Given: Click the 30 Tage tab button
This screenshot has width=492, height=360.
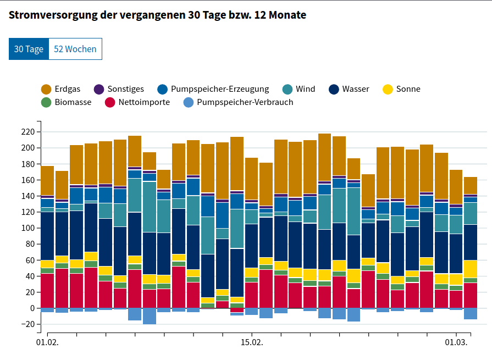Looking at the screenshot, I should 29,49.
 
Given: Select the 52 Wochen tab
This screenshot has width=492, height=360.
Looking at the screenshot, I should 75,49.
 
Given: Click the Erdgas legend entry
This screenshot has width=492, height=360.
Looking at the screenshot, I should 60,89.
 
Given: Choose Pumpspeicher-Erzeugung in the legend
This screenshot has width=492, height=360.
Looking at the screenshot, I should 213,89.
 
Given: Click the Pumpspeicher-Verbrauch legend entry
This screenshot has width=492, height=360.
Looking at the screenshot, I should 237,102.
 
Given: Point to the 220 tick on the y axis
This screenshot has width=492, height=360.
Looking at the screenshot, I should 26,132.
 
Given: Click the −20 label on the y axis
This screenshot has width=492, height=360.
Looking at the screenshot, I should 25,324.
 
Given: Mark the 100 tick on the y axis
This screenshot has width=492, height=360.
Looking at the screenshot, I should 26,228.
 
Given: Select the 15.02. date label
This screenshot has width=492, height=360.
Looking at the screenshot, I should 252,342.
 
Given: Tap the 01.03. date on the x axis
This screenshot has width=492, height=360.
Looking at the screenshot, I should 456,342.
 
